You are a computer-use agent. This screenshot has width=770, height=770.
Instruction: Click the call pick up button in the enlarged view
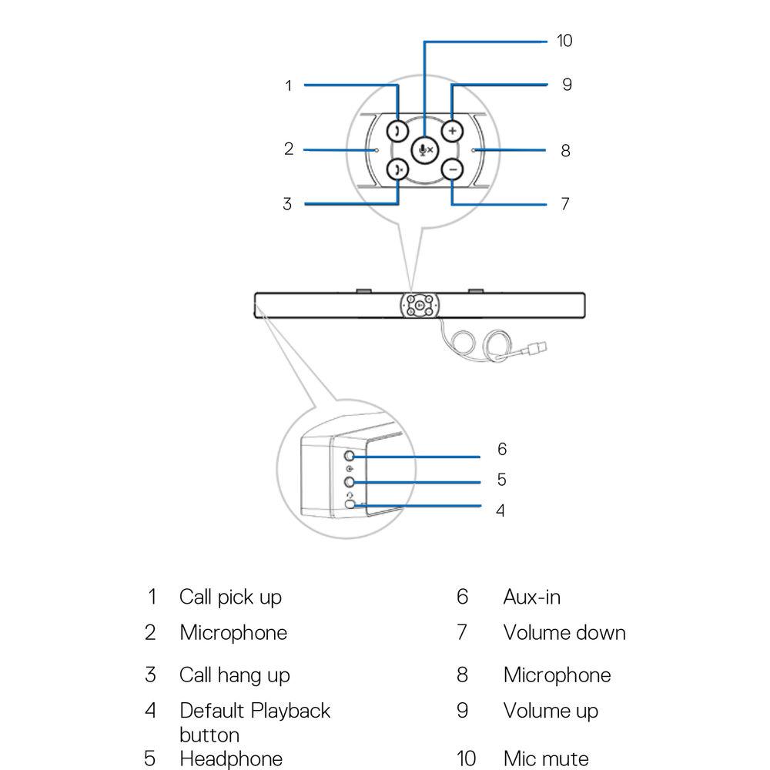(397, 130)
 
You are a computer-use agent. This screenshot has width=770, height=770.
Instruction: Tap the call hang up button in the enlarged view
(397, 170)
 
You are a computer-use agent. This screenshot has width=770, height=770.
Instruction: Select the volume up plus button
(453, 130)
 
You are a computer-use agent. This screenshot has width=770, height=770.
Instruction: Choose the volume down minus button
(453, 170)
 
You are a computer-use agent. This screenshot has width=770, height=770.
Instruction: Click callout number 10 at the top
(565, 41)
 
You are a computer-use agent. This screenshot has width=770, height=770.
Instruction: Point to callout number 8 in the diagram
(565, 151)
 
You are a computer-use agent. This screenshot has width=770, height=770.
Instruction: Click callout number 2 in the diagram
(289, 149)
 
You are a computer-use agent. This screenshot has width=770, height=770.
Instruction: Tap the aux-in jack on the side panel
(352, 457)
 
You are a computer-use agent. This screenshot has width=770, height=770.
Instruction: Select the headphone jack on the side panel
(352, 482)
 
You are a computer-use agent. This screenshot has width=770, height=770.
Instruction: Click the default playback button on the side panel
(353, 504)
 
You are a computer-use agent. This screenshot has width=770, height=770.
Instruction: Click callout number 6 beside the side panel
(502, 449)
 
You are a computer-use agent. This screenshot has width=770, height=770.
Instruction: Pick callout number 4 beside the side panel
(500, 511)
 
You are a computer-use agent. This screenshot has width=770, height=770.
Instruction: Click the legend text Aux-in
(531, 597)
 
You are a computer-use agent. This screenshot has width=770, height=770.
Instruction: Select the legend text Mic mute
(547, 758)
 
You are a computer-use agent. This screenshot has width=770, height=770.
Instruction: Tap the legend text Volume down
(564, 633)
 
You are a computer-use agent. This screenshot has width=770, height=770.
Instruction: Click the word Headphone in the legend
(231, 758)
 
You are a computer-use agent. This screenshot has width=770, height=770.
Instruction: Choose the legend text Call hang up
(235, 675)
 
